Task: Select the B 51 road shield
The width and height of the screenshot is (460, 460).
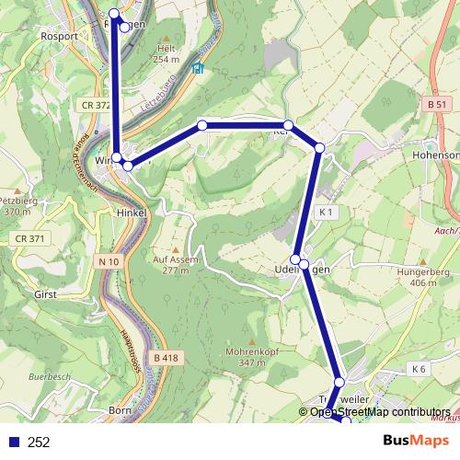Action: (x=438, y=107)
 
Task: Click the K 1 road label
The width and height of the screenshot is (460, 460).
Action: (x=324, y=213)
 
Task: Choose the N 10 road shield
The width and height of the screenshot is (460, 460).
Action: (x=108, y=262)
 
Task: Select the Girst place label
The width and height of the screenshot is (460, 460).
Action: (x=45, y=295)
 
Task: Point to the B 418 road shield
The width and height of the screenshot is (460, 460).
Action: (x=166, y=357)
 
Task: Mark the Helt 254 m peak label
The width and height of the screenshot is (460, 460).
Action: (x=166, y=53)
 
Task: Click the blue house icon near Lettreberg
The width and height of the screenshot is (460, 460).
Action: (x=196, y=67)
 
